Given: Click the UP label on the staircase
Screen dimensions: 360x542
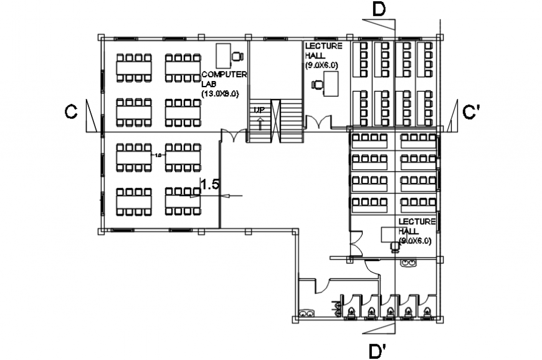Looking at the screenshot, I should (259, 110).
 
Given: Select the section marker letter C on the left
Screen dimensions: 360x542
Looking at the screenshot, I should (72, 111).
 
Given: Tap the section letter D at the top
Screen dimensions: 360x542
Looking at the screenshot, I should (378, 9).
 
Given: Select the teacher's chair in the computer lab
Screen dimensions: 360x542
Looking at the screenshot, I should (237, 57).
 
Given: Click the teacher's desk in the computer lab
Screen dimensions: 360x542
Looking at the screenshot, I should (222, 56).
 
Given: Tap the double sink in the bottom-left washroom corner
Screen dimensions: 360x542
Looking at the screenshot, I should (307, 313).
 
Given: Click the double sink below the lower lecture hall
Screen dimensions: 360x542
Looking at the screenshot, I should (409, 263).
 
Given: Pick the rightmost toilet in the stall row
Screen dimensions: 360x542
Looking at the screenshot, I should (426, 309).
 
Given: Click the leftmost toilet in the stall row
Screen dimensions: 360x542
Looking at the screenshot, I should (351, 309).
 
